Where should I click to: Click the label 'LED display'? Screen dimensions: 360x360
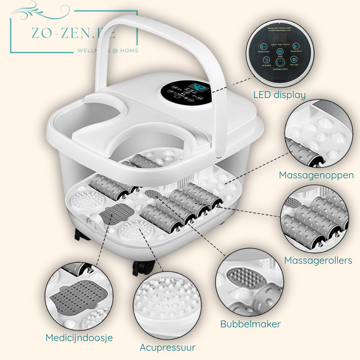[x=279, y=95]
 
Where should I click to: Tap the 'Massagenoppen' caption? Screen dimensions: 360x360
[x=316, y=175]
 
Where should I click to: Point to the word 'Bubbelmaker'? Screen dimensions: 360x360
[x=250, y=324]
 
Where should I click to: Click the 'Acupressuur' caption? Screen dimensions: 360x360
[x=167, y=347]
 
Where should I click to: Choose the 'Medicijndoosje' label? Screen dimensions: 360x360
[x=79, y=338]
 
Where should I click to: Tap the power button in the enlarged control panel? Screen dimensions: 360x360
[x=280, y=62]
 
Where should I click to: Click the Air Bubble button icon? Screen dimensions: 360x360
[x=267, y=60]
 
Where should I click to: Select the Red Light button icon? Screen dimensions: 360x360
[x=294, y=59]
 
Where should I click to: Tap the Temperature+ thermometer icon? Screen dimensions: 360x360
[x=264, y=47]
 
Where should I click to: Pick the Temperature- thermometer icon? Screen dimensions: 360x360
[x=296, y=46]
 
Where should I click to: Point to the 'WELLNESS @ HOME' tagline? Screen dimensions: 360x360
[x=108, y=51]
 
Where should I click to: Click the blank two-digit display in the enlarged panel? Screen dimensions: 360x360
[x=280, y=38]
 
